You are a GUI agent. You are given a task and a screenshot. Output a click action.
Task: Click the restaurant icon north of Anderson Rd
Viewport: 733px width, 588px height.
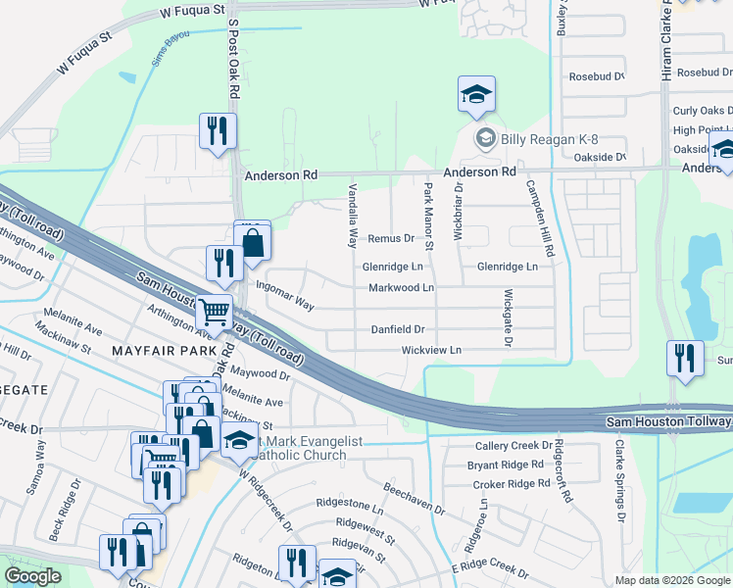[x=218, y=131]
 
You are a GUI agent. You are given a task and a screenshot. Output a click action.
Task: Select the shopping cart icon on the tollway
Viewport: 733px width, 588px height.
[x=215, y=314]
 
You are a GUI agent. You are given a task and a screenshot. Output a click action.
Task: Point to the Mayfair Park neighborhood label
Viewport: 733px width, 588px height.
[x=163, y=350]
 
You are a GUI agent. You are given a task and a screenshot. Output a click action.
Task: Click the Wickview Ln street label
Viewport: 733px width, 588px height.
[x=430, y=350]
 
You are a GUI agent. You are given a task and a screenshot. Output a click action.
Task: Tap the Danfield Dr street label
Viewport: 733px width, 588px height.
[x=397, y=329]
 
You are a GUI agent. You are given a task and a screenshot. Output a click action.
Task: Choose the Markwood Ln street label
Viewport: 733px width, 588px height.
[x=401, y=288]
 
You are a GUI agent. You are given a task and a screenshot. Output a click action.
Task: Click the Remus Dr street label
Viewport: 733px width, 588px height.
[x=391, y=238]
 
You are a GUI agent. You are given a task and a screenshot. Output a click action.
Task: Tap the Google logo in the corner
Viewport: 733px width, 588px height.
[x=33, y=575]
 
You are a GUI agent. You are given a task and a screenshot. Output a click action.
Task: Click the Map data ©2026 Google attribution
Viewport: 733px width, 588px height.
[x=671, y=580]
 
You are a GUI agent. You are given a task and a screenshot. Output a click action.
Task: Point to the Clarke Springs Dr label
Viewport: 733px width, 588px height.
[x=619, y=478]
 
